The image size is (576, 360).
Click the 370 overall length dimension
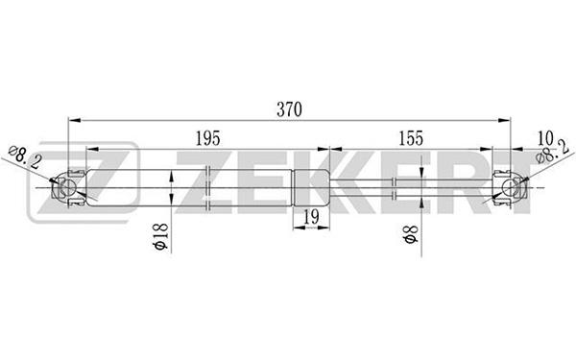(x=290, y=109)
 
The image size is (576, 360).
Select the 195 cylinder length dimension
(x=207, y=138)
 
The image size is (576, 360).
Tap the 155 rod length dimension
(x=411, y=138)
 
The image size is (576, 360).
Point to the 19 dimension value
(x=311, y=217)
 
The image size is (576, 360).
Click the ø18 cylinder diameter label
(x=161, y=236)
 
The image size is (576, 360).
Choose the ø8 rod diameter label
(x=411, y=234)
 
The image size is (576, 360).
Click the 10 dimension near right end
(x=545, y=138)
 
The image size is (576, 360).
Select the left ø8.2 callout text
(x=25, y=156)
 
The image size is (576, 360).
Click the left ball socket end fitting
(x=69, y=188)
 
